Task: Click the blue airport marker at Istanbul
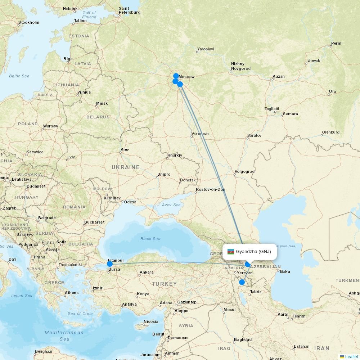coord(109,264)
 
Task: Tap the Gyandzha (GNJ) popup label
coord(253,252)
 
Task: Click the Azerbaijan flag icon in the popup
coord(231,252)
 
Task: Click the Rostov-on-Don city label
coord(211,189)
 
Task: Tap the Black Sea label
coord(150,239)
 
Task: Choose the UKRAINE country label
coord(125,167)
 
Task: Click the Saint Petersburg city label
coord(129,10)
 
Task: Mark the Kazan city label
coord(279,76)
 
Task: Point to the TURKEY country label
coord(165,284)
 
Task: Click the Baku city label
coord(285,271)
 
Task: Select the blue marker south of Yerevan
coord(242,282)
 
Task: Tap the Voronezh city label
coord(200,134)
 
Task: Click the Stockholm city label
coord(29,22)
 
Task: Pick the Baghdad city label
coord(243,339)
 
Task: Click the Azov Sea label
coord(171,205)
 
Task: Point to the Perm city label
coord(336,43)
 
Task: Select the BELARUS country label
coord(98,117)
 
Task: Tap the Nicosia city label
coord(151,321)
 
